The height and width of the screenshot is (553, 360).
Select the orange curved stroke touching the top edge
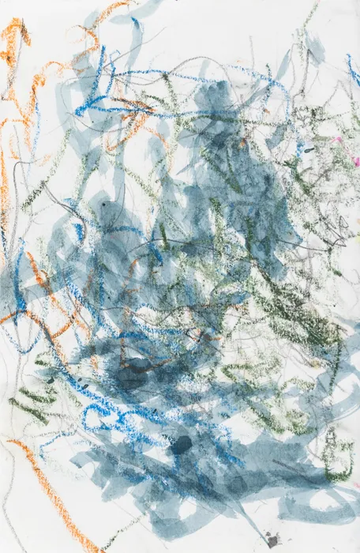tap(111, 11)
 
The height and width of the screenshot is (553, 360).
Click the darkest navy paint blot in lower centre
tap(182, 445)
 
